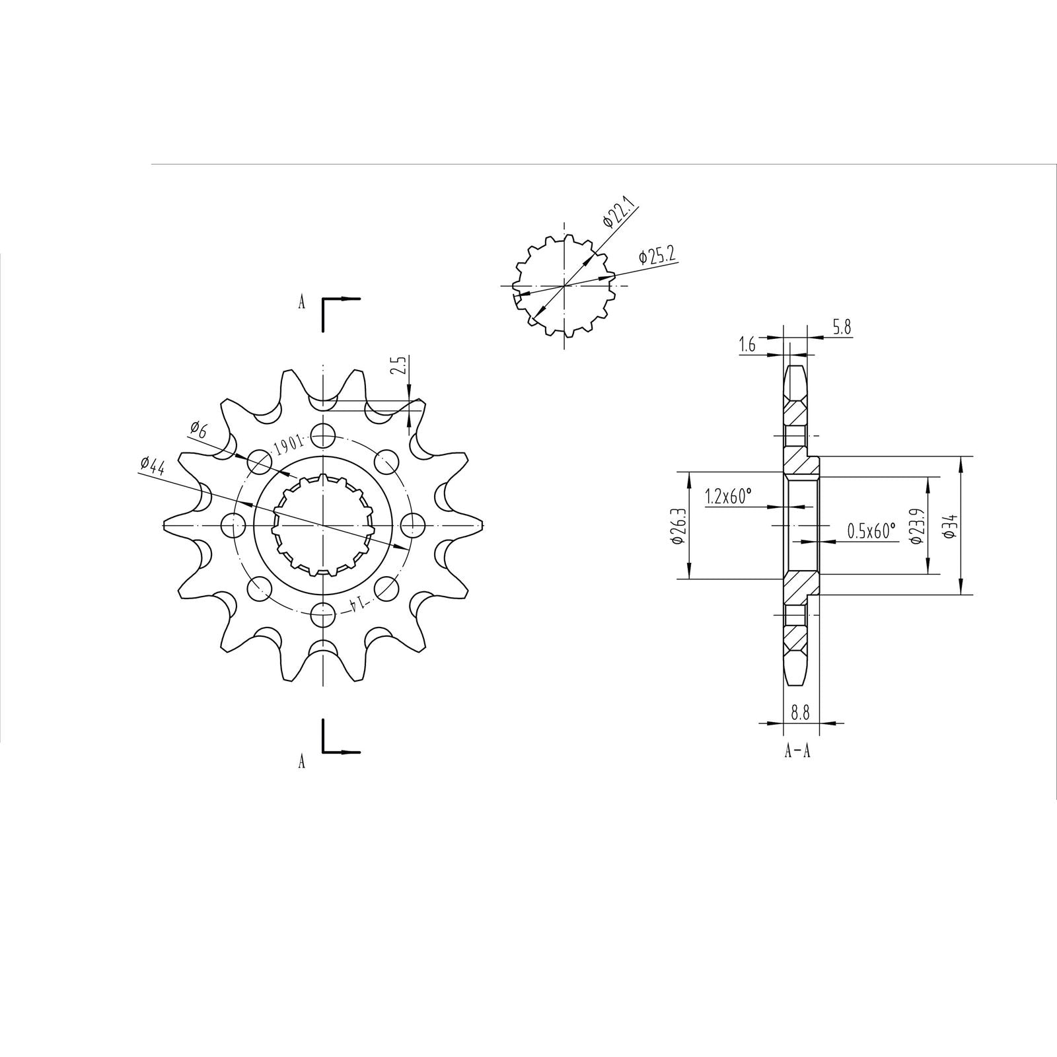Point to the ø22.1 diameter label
click(620, 212)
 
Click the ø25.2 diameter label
click(657, 255)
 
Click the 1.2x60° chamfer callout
click(728, 497)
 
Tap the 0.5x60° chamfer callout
click(871, 530)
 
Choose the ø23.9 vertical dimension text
click(916, 527)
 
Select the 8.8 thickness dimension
click(800, 712)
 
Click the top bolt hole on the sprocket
click(323, 435)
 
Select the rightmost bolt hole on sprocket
click(414, 525)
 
